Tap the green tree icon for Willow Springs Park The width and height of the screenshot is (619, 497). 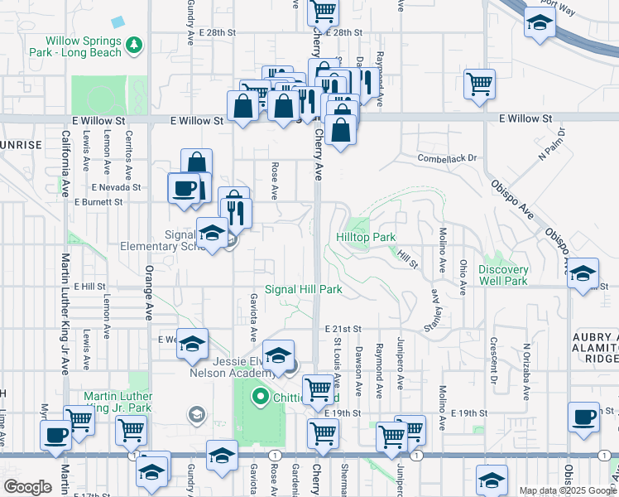tap(133, 42)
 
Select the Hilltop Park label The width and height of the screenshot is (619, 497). tap(366, 237)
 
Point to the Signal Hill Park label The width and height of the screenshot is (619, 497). tap(304, 290)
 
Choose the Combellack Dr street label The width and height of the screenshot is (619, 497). tap(448, 157)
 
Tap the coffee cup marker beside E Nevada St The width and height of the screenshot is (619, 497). tap(184, 187)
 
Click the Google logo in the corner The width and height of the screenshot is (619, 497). tap(27, 487)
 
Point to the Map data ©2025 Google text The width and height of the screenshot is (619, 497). tap(567, 490)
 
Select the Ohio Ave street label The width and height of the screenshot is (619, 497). tap(463, 277)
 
